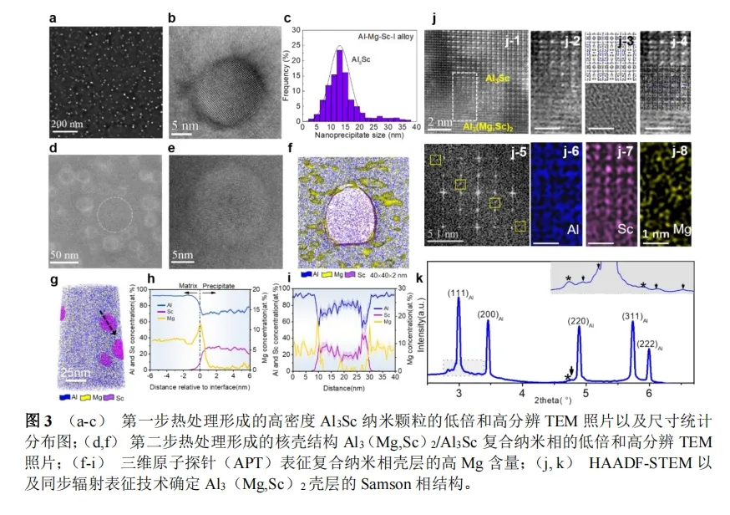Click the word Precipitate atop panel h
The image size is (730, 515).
coord(220,283)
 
